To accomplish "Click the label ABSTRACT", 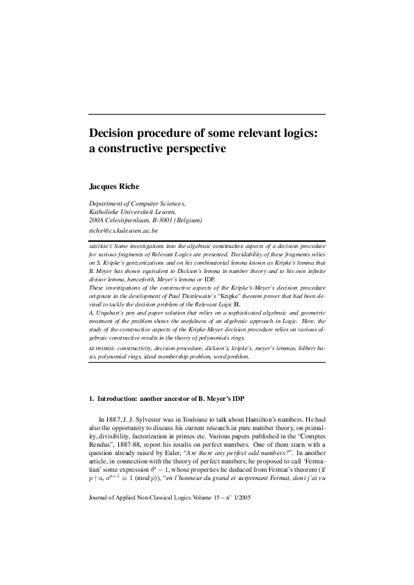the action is [100, 247].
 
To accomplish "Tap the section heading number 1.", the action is [91, 399].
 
